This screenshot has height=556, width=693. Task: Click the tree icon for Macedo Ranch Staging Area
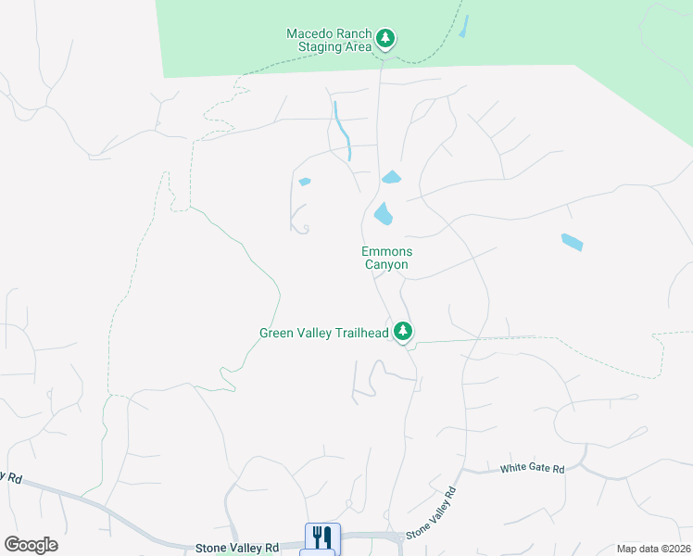[385, 39]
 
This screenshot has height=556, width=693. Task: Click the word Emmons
[386, 251]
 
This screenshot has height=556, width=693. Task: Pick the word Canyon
[386, 265]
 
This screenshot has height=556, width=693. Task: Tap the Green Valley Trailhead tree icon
[403, 331]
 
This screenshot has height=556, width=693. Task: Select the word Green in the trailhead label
[277, 333]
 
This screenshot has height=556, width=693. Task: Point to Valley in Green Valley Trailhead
[315, 333]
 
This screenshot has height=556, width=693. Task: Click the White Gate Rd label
[533, 470]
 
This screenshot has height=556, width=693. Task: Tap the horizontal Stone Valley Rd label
[236, 549]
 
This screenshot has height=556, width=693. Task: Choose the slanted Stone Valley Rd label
[432, 512]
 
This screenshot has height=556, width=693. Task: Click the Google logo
[31, 545]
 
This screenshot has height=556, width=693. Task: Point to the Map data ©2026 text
[652, 549]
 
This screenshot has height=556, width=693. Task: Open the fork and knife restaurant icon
[322, 536]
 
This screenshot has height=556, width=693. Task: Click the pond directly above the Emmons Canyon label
[383, 215]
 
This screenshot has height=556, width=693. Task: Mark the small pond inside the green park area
[463, 26]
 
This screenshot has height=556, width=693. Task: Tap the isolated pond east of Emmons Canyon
[573, 242]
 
